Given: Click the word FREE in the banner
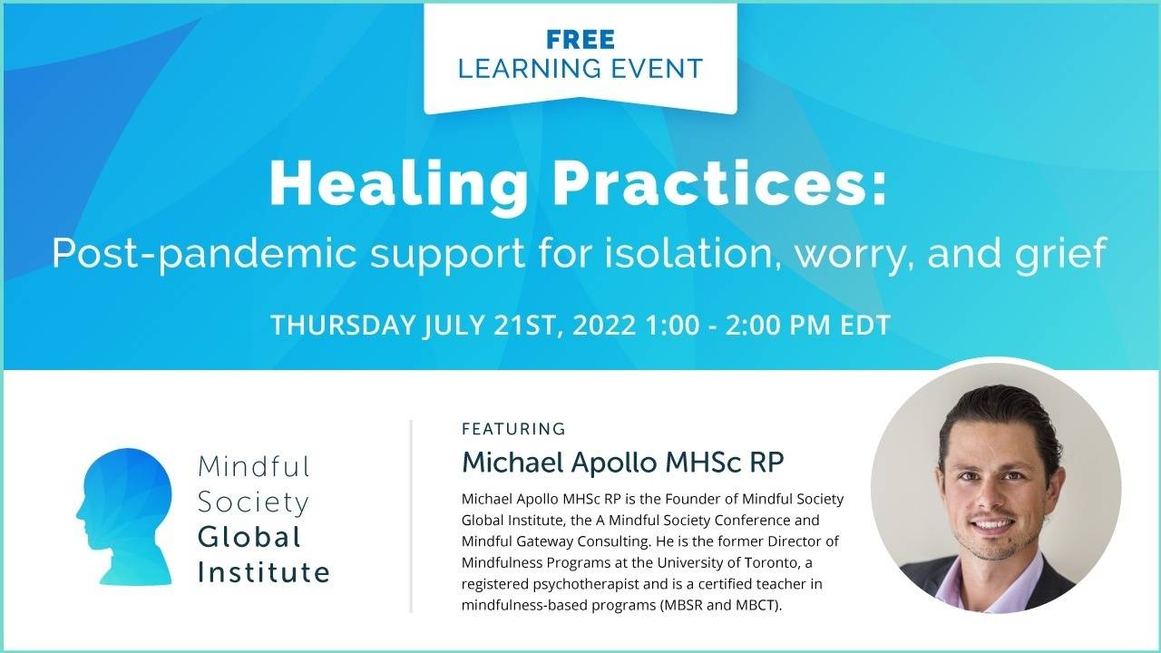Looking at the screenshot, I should [x=580, y=40].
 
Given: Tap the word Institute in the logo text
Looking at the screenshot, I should [x=264, y=572].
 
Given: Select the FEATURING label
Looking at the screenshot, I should [x=513, y=429].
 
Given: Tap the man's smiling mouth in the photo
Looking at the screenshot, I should [x=995, y=525].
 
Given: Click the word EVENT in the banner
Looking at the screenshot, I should [x=665, y=68].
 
